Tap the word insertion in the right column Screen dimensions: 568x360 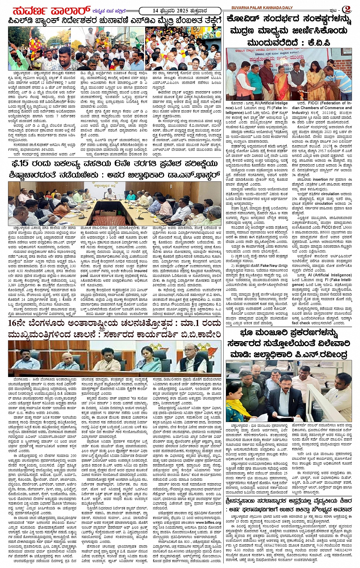click(320, 179)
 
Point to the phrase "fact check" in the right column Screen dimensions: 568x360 click(301, 323)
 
